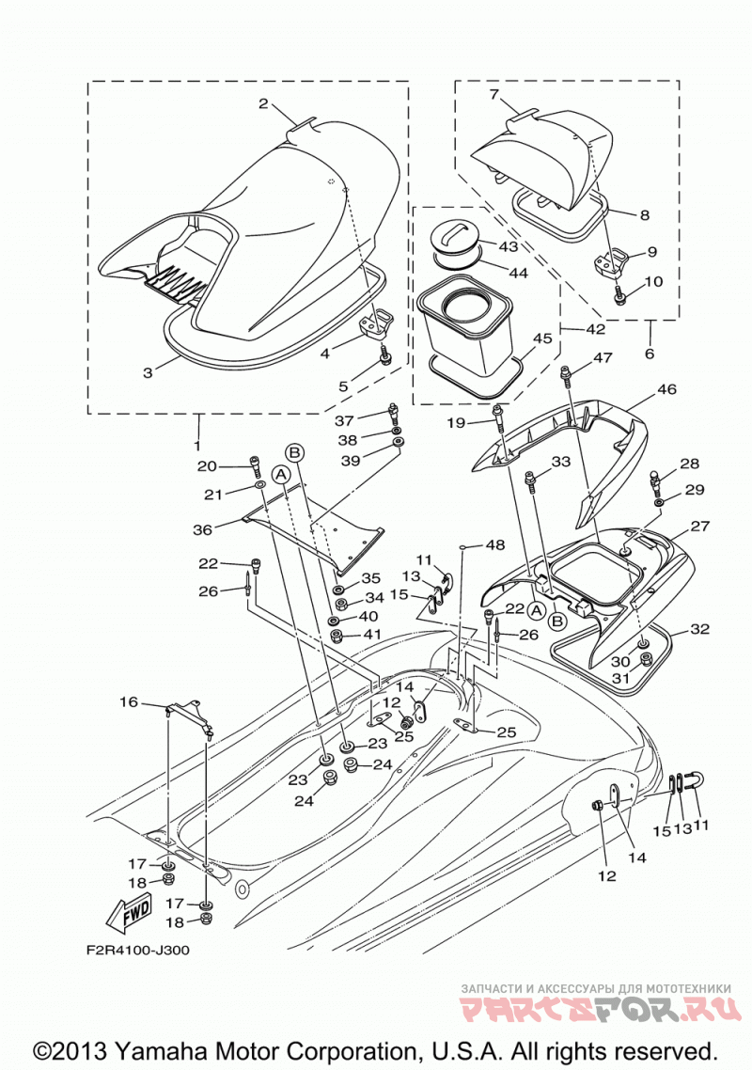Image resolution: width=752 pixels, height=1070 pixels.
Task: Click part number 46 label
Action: click(x=666, y=389)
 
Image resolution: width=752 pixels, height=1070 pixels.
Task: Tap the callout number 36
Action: click(x=203, y=528)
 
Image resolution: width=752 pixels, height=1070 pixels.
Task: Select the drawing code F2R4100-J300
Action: click(x=138, y=950)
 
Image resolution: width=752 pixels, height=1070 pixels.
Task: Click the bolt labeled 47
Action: click(x=566, y=372)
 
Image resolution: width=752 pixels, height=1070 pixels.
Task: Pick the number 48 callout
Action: click(x=495, y=545)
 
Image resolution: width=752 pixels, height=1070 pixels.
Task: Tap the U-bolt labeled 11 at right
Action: click(x=697, y=782)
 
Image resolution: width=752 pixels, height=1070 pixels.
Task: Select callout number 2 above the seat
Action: click(x=263, y=104)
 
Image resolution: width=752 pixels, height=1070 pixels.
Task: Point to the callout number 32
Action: click(x=699, y=628)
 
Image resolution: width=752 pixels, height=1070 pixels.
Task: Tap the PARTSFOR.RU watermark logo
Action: click(x=601, y=1008)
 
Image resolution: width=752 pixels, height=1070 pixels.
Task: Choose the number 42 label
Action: click(x=595, y=329)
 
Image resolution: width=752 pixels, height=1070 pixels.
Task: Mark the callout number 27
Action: click(x=699, y=526)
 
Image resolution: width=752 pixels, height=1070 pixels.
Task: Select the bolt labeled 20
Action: click(x=256, y=465)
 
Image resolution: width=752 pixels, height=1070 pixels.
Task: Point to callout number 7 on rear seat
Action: click(x=494, y=94)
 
